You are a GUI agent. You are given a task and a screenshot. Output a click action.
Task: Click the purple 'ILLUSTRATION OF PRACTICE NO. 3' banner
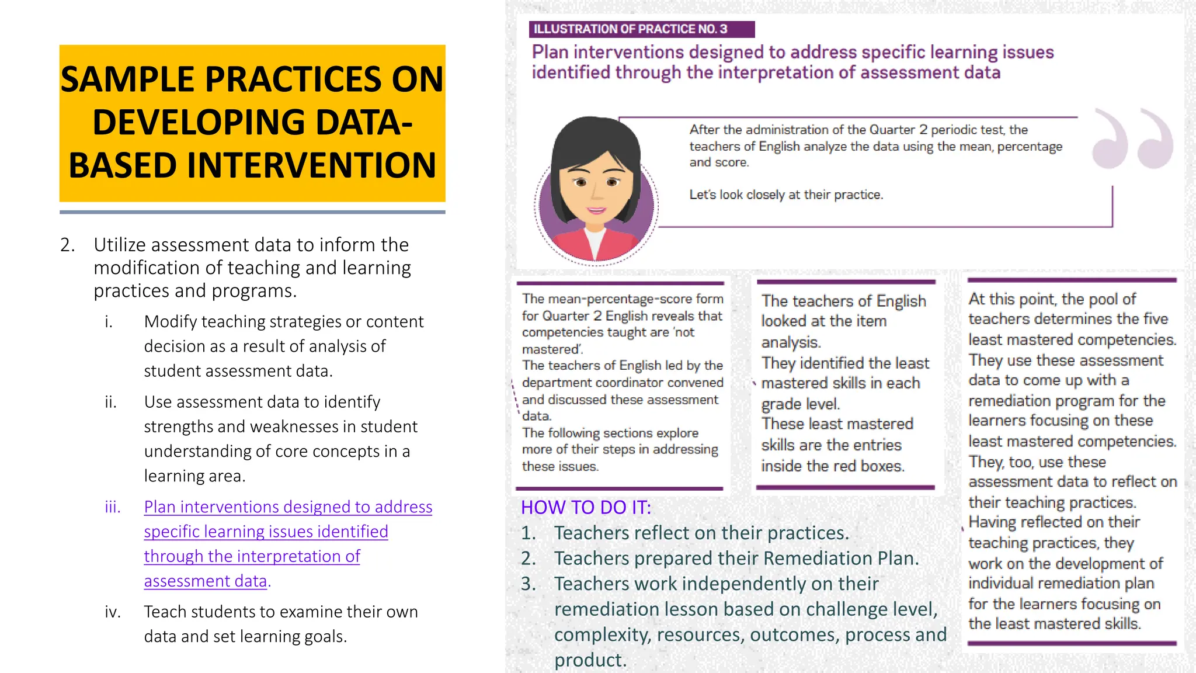coord(641,29)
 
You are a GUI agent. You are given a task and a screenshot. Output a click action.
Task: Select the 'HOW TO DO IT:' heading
coord(586,507)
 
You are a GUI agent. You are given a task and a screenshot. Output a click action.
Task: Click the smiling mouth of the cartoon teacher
coord(596,210)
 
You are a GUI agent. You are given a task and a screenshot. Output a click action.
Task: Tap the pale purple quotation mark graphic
coord(1132,138)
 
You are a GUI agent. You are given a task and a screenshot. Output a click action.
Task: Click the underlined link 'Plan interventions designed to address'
coord(288,507)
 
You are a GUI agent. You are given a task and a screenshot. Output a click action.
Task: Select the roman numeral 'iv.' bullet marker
coord(113,612)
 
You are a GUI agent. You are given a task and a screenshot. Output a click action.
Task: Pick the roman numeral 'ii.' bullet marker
coord(111,402)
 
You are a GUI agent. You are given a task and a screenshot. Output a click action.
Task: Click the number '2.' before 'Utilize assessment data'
coord(68,245)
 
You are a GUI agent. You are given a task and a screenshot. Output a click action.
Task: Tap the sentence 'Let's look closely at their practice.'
coord(786,195)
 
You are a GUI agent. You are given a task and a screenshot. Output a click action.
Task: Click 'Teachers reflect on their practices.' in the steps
coord(701,533)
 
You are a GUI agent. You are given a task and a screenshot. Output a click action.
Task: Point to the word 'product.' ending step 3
coord(590,660)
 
